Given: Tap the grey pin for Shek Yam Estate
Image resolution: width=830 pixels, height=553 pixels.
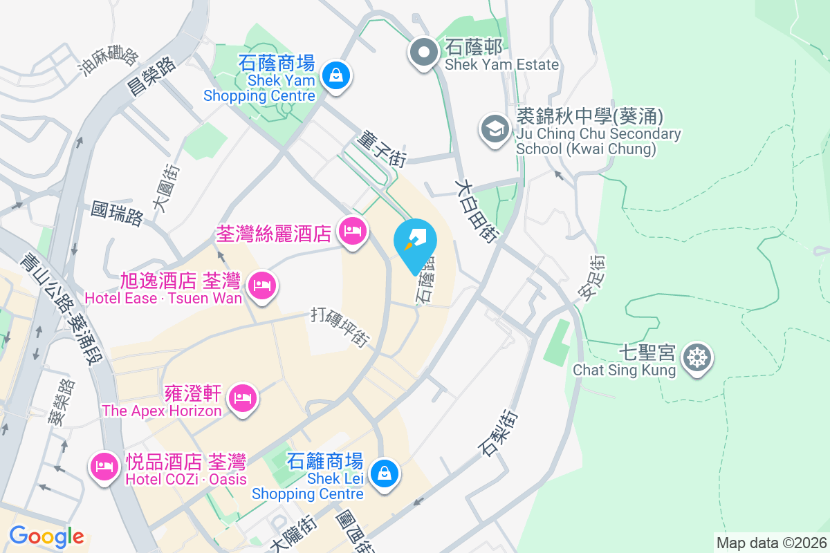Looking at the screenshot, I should pos(422,53).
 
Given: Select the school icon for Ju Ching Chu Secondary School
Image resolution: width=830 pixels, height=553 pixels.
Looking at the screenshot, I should pos(495,129).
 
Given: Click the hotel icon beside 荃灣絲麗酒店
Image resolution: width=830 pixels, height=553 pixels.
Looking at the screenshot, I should pos(353,232).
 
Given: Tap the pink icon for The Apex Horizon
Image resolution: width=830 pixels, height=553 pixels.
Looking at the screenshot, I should pos(242,398).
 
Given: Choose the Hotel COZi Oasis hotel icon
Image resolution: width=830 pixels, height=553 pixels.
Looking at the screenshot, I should pos(104,467).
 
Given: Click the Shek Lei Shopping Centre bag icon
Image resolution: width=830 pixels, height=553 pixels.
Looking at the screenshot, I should pos(382,474).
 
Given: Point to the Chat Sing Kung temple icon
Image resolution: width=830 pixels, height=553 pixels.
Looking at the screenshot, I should pos(695,357).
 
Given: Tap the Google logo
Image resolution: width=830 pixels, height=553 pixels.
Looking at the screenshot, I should pos(47,536).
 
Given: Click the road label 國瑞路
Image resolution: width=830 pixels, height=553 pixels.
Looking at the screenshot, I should pos(117,214).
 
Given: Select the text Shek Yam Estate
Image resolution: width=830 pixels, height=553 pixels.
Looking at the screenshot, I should pos(501,65).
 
